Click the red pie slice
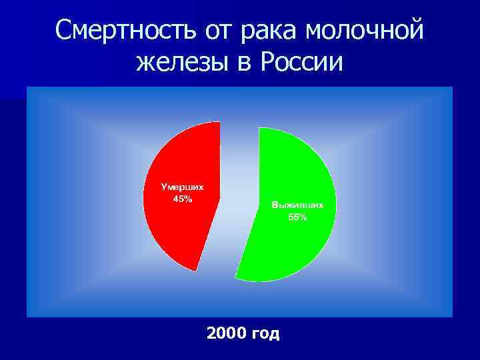coord(183,227)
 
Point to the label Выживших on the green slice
coord(297,205)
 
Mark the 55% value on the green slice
coord(297,217)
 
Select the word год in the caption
coord(265,333)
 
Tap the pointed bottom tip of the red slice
coord(195,270)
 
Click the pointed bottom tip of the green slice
coord(236,278)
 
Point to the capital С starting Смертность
coord(65,30)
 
